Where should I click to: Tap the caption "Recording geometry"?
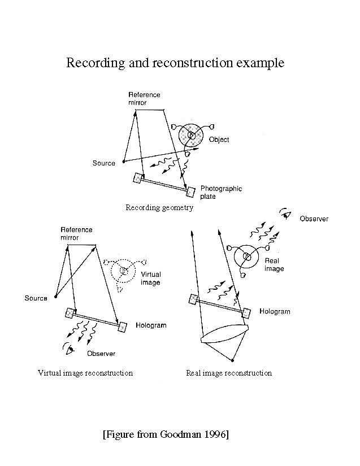[159, 208]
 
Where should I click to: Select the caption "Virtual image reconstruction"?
[85, 373]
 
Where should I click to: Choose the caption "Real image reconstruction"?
[229, 373]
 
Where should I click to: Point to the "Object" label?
[219, 140]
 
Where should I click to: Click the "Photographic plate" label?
[221, 193]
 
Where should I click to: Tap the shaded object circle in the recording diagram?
[192, 136]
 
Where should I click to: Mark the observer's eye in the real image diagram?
[286, 213]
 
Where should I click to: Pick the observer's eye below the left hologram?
[70, 350]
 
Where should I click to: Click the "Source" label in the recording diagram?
[103, 163]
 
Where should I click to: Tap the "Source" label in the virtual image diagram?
[36, 298]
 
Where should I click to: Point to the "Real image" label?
[274, 265]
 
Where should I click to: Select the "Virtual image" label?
[150, 278]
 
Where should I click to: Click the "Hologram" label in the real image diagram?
[275, 311]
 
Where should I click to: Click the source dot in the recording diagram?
[124, 162]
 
